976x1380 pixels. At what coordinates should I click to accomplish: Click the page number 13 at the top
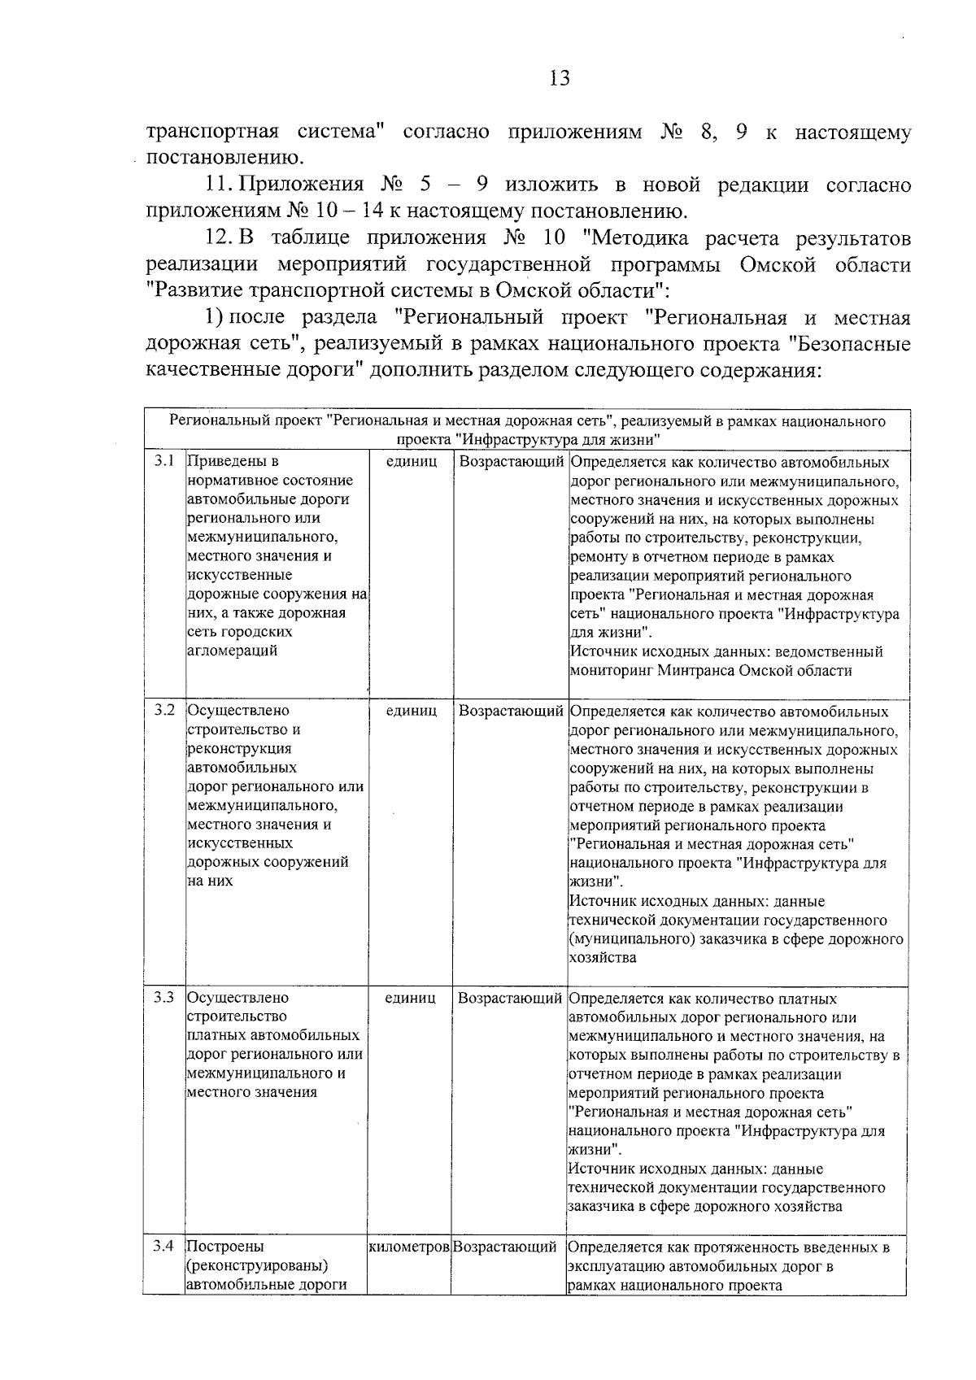(x=559, y=78)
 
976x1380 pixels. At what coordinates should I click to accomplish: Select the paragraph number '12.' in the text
(x=220, y=237)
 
